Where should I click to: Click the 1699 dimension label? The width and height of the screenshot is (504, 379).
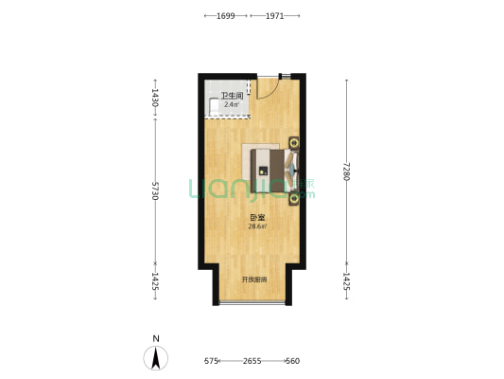click(226, 16)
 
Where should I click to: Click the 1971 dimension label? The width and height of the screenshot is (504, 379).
click(275, 16)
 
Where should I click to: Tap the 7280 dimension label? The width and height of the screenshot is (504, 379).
click(346, 171)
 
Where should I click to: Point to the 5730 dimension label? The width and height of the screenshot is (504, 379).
click(155, 191)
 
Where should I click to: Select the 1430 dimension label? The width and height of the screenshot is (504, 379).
click(155, 98)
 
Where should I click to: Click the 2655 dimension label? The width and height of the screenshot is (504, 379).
click(252, 361)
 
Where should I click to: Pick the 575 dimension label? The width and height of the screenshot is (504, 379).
click(211, 361)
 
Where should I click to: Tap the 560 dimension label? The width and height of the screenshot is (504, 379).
click(293, 361)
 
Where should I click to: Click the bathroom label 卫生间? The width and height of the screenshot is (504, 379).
click(232, 96)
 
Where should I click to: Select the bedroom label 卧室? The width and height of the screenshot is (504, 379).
click(257, 218)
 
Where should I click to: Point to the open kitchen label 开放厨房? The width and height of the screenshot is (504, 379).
click(254, 280)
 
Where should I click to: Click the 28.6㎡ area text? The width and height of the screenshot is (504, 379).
click(257, 226)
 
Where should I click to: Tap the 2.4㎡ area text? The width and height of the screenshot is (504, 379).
click(232, 104)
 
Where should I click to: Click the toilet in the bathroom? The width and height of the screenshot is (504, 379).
click(213, 106)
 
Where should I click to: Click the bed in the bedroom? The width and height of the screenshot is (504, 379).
click(274, 171)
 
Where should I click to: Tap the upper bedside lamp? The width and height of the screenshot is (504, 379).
click(293, 142)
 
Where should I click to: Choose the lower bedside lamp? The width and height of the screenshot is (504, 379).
click(293, 199)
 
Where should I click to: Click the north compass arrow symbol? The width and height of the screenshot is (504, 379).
click(156, 358)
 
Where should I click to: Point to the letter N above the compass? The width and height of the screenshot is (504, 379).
click(156, 339)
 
